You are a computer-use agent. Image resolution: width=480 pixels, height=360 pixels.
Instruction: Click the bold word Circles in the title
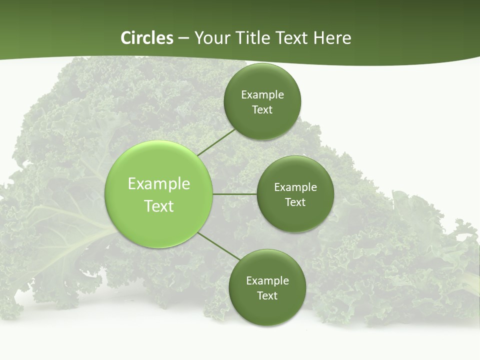147,38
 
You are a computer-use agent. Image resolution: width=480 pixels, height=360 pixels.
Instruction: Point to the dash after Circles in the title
183,38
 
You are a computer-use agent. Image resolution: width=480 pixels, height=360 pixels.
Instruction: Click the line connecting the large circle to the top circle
216,142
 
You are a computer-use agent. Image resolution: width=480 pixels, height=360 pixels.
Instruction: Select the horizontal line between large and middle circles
235,194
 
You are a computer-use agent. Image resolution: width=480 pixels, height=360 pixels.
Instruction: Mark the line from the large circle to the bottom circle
219,246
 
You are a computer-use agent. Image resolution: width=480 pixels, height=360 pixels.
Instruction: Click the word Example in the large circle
159,184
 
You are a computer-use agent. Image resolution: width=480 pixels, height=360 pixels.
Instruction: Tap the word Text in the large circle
159,206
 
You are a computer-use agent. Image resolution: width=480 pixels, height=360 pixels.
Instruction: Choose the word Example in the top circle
262,94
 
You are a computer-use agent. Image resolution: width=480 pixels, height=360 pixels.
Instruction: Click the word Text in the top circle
262,109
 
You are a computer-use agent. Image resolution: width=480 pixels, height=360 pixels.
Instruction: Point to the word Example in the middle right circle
295,187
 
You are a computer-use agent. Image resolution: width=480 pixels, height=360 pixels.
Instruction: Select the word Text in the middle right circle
295,202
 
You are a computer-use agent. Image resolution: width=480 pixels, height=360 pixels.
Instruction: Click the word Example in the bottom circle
267,280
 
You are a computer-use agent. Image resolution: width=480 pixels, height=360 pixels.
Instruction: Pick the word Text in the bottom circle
267,295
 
